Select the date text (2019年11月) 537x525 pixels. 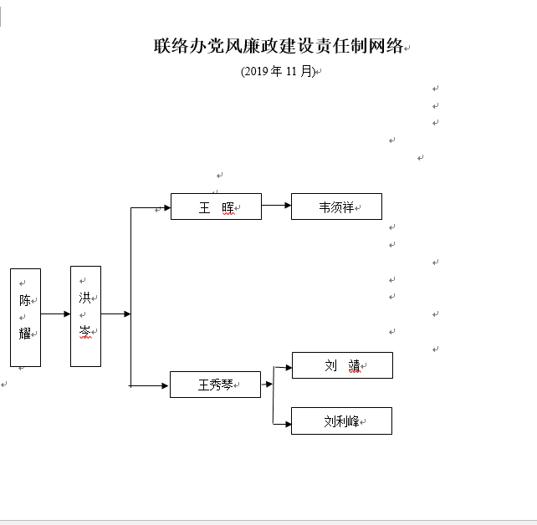click(278, 72)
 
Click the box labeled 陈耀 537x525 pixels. click(25, 317)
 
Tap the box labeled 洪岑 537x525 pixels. click(85, 315)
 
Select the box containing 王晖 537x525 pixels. click(216, 206)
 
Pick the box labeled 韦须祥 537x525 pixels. click(336, 206)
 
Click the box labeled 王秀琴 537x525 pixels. click(215, 385)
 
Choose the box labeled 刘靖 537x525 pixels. click(341, 365)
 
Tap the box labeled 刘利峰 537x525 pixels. click(341, 421)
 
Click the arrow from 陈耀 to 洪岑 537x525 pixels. click(55, 314)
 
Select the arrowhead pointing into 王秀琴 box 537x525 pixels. click(165, 385)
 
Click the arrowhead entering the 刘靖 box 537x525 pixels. click(287, 366)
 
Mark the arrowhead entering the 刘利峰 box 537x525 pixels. click(287, 424)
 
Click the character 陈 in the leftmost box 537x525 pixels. click(25, 300)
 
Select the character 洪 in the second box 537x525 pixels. click(84, 298)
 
